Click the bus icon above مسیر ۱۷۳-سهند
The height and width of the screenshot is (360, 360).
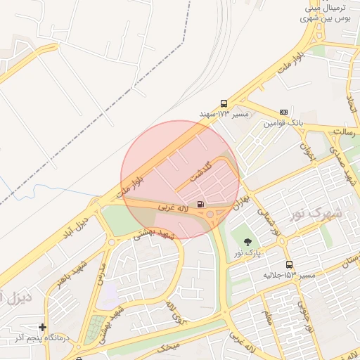pyautogui.click(x=224, y=102)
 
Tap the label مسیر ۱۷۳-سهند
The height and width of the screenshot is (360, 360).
pyautogui.click(x=215, y=113)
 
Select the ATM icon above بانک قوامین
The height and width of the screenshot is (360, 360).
pyautogui.click(x=283, y=112)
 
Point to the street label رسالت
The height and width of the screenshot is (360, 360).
pyautogui.click(x=345, y=131)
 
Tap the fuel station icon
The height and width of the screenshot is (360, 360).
pyautogui.click(x=201, y=205)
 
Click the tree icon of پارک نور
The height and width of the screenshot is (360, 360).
pyautogui.click(x=246, y=242)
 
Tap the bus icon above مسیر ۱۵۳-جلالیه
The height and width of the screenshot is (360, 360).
pyautogui.click(x=289, y=264)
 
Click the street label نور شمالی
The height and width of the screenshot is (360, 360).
pyautogui.click(x=267, y=220)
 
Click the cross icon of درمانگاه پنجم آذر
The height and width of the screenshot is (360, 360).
pyautogui.click(x=43, y=327)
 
